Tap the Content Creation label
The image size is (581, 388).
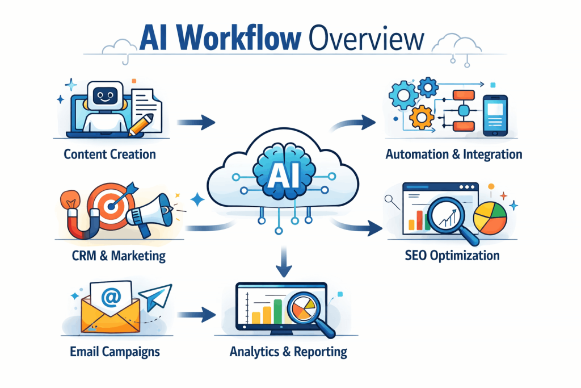pyautogui.click(x=110, y=154)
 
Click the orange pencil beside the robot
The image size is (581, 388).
pyautogui.click(x=141, y=124)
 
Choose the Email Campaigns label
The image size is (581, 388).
pyautogui.click(x=115, y=351)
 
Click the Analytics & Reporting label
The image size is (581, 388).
pyautogui.click(x=288, y=351)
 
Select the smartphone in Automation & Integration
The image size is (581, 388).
pyautogui.click(x=494, y=115)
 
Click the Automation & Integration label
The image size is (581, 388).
pyautogui.click(x=453, y=154)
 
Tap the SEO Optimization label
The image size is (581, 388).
pyautogui.click(x=452, y=255)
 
